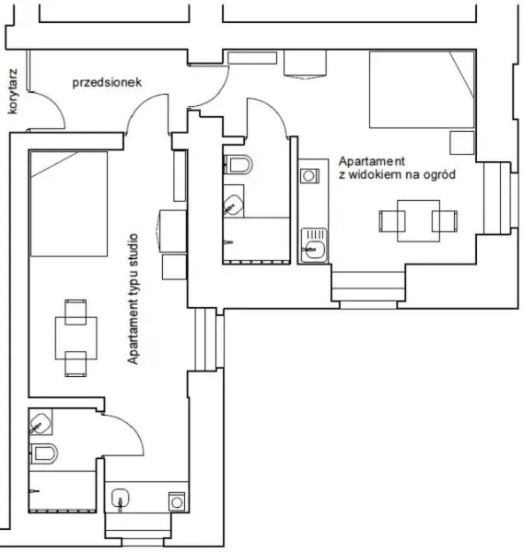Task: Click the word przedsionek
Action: (107, 82)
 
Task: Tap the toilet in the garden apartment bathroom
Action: (240, 166)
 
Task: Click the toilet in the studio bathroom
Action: (44, 453)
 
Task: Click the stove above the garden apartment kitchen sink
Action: (308, 172)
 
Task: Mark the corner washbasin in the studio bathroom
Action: (40, 423)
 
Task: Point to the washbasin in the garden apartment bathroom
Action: (234, 204)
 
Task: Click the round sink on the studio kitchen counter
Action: (119, 501)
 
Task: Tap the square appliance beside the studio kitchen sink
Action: (176, 501)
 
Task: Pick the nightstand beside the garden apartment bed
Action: (460, 143)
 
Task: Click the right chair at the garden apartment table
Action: (446, 221)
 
